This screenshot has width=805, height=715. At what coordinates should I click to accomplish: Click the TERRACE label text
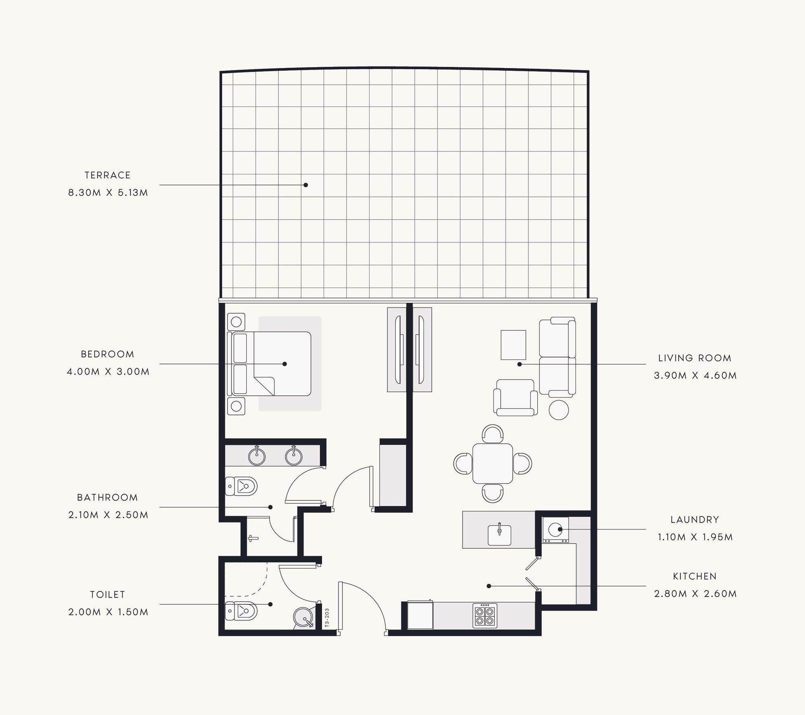[107, 175]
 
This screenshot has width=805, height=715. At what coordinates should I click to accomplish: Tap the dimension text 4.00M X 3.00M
[108, 372]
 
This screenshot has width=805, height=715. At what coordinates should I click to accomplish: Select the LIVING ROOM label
[695, 358]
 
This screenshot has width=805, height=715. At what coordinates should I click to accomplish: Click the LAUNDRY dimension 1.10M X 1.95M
[695, 537]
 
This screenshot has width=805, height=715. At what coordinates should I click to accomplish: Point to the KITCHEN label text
[695, 576]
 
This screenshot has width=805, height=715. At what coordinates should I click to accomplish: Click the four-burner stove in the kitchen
[485, 615]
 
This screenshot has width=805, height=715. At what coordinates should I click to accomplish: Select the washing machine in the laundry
[555, 529]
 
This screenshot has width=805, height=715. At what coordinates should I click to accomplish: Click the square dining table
[492, 463]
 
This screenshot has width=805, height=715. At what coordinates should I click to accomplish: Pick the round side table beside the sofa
[559, 410]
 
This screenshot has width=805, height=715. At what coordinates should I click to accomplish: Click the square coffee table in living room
[513, 345]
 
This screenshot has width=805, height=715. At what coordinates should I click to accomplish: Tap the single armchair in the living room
[515, 397]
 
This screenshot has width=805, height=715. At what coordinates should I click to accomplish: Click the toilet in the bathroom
[241, 486]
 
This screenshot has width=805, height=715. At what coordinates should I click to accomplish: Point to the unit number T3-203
[327, 618]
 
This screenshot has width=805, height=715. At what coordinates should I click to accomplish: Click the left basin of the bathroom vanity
[257, 456]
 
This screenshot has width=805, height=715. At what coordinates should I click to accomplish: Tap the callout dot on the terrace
[305, 185]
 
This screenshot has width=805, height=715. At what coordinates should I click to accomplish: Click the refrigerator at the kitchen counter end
[420, 615]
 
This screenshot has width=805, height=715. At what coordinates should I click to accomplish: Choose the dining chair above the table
[493, 433]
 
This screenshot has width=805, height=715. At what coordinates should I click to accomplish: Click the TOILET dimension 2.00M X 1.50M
[108, 612]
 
